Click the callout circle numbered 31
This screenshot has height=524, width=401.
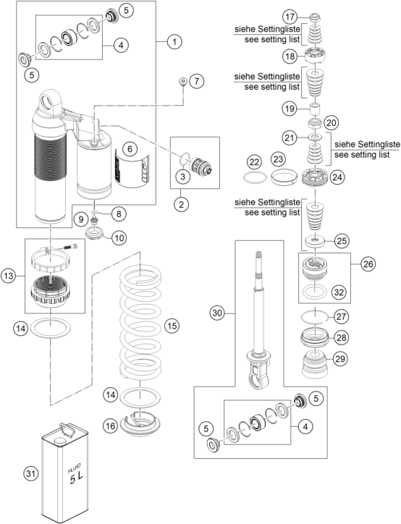click(30, 473)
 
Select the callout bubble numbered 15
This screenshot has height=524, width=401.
click(172, 326)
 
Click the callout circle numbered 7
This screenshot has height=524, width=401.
click(196, 81)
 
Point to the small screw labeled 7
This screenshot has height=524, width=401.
click(182, 80)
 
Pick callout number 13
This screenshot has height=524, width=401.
click(9, 276)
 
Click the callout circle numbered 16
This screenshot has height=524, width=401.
click(111, 426)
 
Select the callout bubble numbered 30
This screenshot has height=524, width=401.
click(217, 313)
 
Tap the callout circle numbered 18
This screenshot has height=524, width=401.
click(290, 56)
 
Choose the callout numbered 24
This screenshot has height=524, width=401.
click(337, 177)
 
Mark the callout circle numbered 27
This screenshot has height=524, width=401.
click(341, 316)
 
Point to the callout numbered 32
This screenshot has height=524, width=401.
click(339, 292)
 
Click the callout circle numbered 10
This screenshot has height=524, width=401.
click(119, 238)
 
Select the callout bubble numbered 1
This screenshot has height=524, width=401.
click(174, 42)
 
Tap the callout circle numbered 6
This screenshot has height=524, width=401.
click(130, 148)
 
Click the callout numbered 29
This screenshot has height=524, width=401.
click(340, 358)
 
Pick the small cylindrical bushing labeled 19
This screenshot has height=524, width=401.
click(315, 109)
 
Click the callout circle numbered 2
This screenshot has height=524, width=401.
click(181, 204)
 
